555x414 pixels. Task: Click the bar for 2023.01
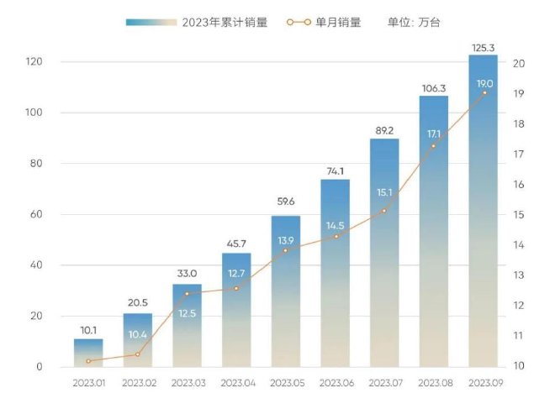click(88, 353)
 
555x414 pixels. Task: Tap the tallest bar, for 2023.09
click(483, 210)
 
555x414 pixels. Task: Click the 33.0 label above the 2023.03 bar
click(187, 274)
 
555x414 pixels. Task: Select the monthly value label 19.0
click(484, 84)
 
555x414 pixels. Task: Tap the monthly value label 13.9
click(285, 241)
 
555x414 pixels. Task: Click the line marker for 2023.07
click(383, 211)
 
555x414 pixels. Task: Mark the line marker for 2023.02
click(137, 354)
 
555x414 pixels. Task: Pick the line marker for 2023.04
click(235, 288)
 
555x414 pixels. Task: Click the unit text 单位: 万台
click(416, 23)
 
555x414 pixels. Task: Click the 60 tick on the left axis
click(37, 215)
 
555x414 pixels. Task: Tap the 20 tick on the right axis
click(519, 63)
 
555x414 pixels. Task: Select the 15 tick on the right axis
click(519, 215)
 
